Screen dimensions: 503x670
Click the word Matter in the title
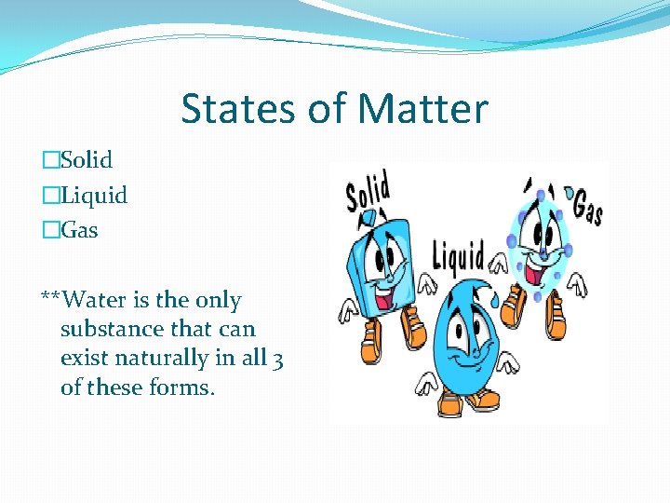tap(422, 109)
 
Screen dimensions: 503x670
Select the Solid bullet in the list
tap(86, 160)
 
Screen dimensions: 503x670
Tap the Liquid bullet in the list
tap(93, 196)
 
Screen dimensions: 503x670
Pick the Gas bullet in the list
tap(79, 229)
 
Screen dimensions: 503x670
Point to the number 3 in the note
tap(277, 359)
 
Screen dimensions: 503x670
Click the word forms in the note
tap(176, 387)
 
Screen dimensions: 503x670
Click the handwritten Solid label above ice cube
tap(368, 193)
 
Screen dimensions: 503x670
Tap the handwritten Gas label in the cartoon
tap(587, 206)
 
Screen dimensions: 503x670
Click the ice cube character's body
tap(377, 261)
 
